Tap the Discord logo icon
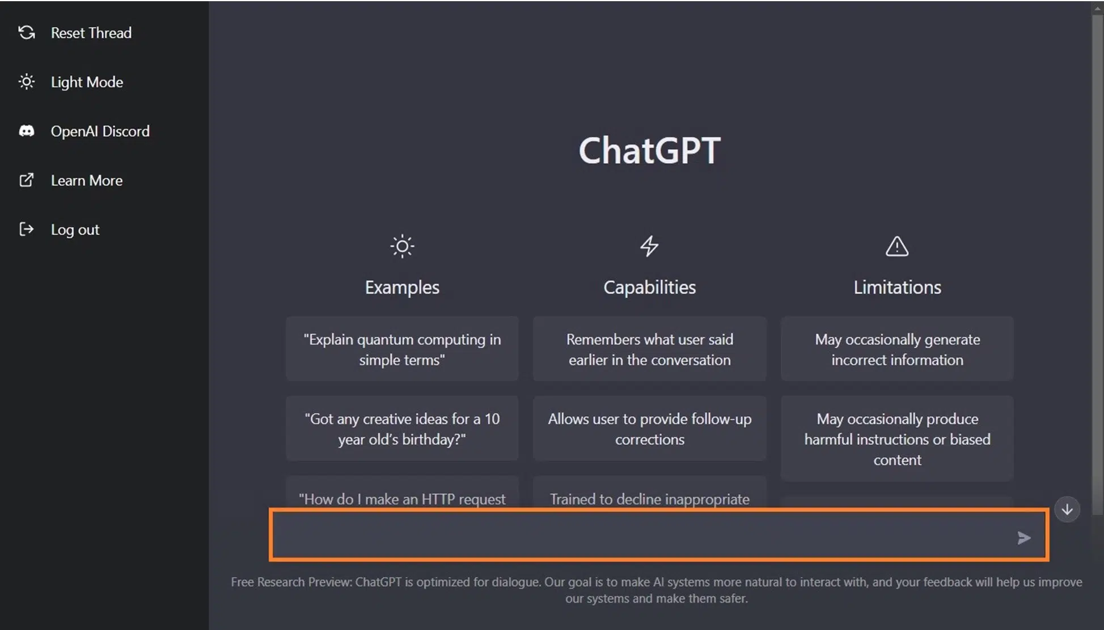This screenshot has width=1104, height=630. tap(27, 132)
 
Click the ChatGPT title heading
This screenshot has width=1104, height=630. tap(649, 151)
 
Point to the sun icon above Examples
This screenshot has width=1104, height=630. tap(402, 246)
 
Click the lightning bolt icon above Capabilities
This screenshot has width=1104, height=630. tap(649, 246)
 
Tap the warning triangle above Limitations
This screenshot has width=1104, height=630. tap(897, 247)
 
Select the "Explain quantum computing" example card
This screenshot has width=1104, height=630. tap(402, 349)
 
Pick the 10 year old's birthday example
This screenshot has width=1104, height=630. tap(402, 429)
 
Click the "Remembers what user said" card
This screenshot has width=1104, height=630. tap(650, 349)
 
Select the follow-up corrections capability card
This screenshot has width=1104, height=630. tap(650, 429)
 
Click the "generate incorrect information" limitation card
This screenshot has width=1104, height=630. tap(897, 349)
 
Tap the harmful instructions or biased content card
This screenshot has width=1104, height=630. tap(897, 439)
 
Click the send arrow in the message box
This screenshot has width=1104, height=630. tap(1023, 538)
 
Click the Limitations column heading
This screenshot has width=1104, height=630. tap(897, 287)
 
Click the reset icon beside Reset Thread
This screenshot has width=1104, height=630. tap(27, 33)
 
